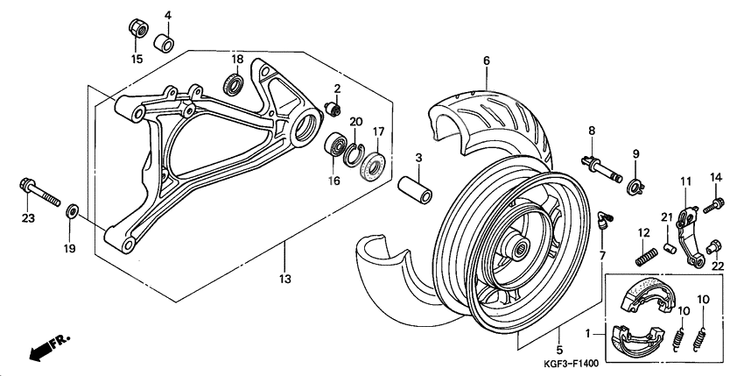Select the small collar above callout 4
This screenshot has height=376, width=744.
click(x=165, y=42)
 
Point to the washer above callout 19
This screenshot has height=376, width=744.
click(x=72, y=211)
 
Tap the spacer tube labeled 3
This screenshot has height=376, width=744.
click(x=417, y=191)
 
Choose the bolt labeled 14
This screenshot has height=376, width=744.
click(x=714, y=203)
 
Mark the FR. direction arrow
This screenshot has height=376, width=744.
click(x=49, y=347)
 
